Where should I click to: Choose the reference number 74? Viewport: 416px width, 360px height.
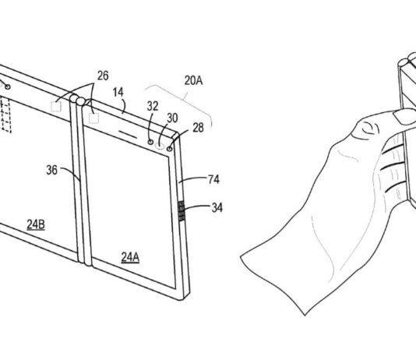[213, 180]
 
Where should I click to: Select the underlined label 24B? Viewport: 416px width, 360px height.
[37, 225]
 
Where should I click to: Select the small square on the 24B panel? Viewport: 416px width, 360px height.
[57, 106]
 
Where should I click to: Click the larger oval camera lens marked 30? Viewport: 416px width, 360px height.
[160, 143]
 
